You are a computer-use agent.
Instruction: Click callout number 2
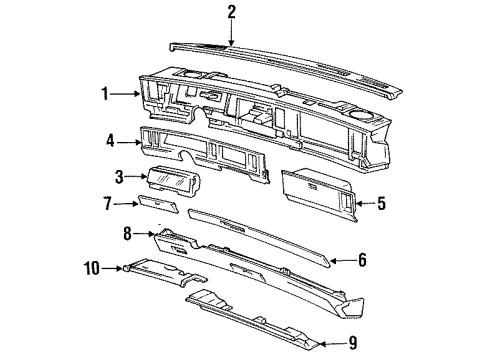click(x=231, y=12)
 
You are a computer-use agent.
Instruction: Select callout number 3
click(x=119, y=177)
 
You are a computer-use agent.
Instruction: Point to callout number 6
click(x=363, y=261)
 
